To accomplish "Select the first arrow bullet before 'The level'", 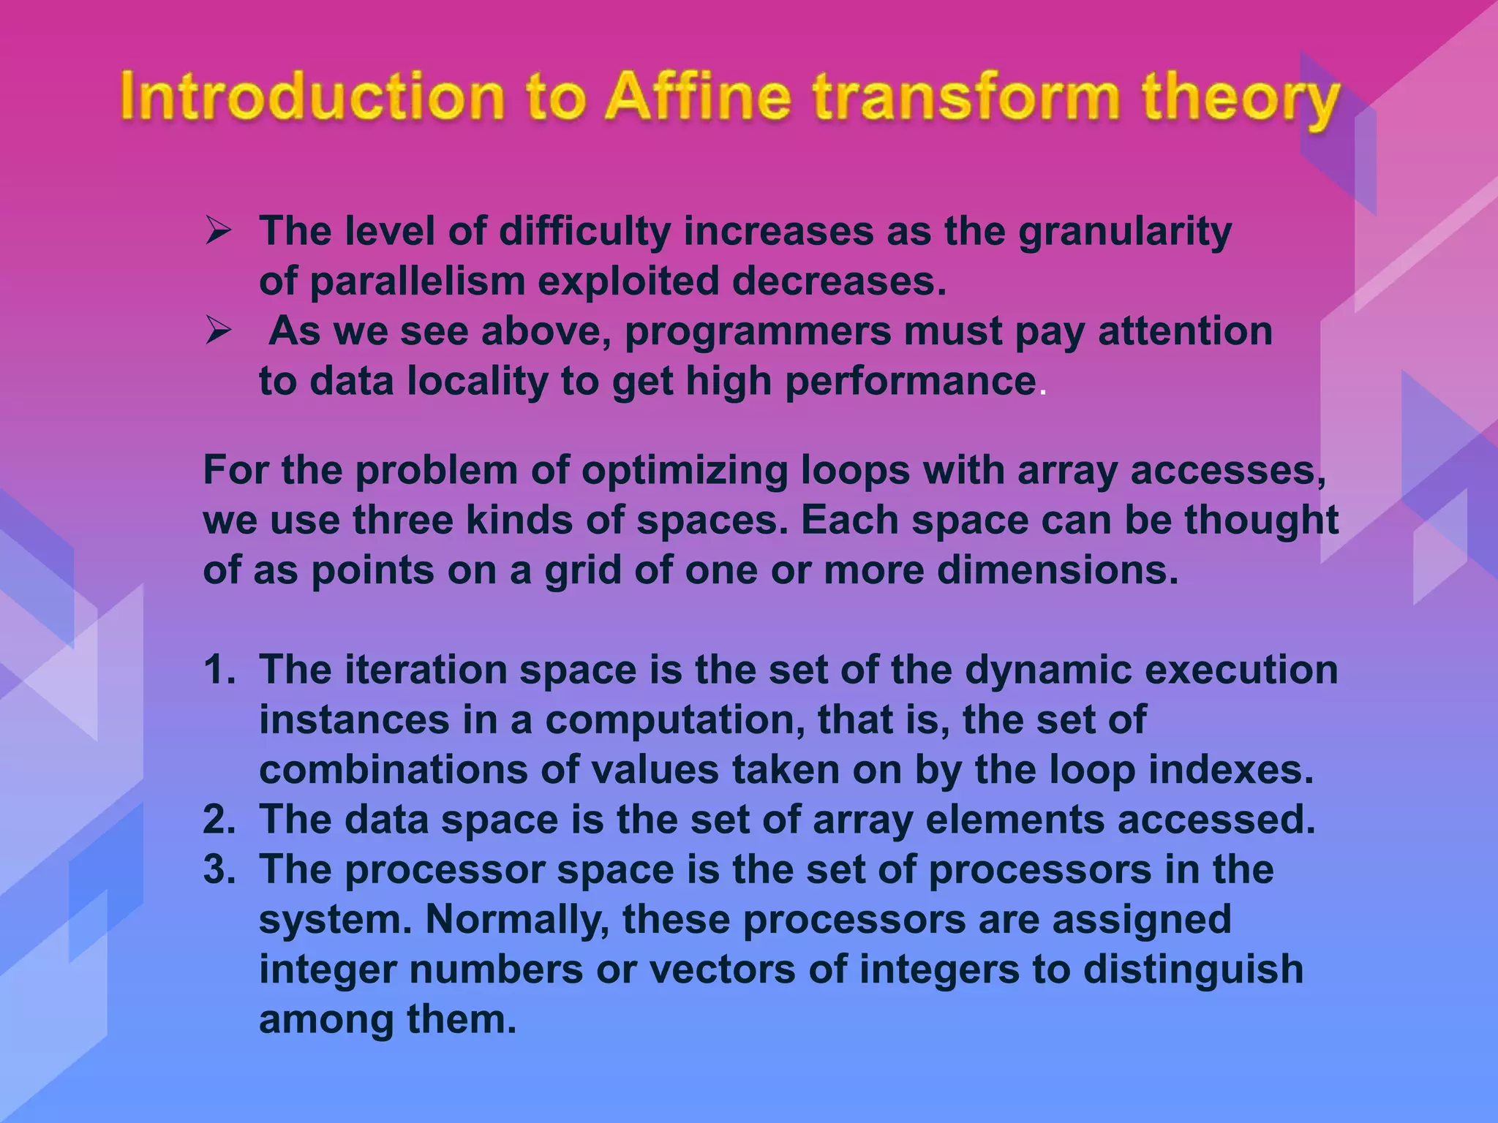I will coord(218,231).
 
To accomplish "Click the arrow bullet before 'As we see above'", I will coord(218,331).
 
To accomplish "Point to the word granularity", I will coord(1125,232).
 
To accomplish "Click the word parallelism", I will coord(418,281).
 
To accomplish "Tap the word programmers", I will coord(757,333).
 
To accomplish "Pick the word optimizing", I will coord(685,471).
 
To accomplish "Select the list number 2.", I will coord(218,820).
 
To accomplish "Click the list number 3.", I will coord(218,870).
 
